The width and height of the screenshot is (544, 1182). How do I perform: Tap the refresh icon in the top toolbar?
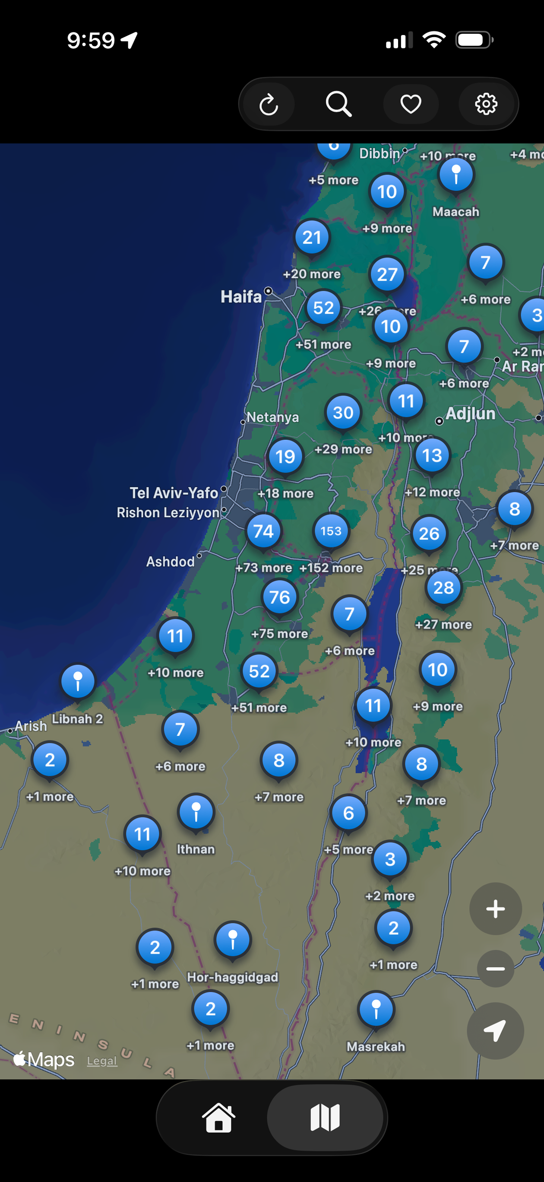[x=269, y=104]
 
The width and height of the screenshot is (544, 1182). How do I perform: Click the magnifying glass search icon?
[x=338, y=104]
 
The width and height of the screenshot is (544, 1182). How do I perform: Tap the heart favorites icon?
[x=411, y=104]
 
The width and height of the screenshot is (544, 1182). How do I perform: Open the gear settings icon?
[x=486, y=104]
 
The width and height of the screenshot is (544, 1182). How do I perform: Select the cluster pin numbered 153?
[x=331, y=531]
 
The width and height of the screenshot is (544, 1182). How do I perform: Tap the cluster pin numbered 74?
[x=263, y=531]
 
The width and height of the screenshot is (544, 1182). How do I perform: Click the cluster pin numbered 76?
[x=279, y=597]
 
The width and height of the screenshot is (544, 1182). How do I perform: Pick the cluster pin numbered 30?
[x=343, y=413]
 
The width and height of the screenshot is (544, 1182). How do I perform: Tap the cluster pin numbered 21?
[x=312, y=237]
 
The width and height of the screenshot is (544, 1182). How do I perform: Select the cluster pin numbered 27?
[x=387, y=274]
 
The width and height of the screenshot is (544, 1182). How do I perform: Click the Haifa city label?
[x=241, y=296]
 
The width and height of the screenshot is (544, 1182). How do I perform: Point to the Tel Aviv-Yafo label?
[x=174, y=493]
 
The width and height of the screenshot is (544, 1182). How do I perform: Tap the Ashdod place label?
[x=170, y=561]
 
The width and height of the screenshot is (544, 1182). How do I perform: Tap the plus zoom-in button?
[x=495, y=909]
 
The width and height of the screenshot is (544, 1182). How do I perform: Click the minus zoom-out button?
[x=495, y=969]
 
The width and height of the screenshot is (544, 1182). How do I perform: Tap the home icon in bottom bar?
[x=218, y=1118]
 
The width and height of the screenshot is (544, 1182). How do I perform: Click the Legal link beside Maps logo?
[x=102, y=1061]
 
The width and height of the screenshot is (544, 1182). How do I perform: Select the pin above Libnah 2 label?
[x=78, y=681]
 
